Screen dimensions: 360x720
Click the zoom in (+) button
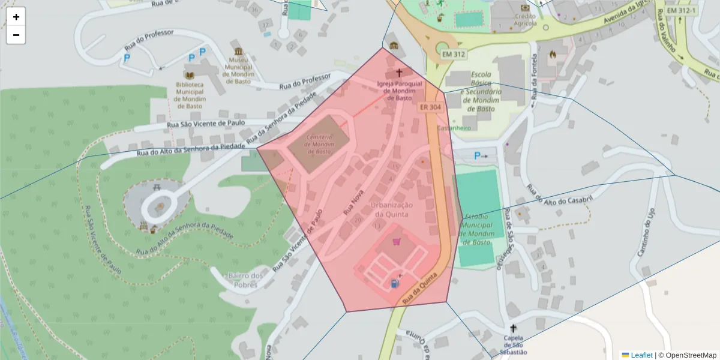pos(16,17)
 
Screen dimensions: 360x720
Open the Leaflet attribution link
pos(641,355)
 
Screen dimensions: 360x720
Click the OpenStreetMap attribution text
pos(690,355)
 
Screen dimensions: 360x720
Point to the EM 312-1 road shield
pos(682,11)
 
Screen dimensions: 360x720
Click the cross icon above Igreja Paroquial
pos(399,73)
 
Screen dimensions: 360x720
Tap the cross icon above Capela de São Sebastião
pos(512,328)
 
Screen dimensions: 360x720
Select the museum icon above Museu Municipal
pos(239,52)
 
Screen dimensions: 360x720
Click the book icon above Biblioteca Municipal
pos(190,76)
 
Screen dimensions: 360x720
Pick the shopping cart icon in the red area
pos(396,242)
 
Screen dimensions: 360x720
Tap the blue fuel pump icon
pos(394,283)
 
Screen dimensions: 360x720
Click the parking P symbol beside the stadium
pos(478,156)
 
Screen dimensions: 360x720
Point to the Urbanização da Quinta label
pos(390,209)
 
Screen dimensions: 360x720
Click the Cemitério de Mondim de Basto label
pos(319,145)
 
